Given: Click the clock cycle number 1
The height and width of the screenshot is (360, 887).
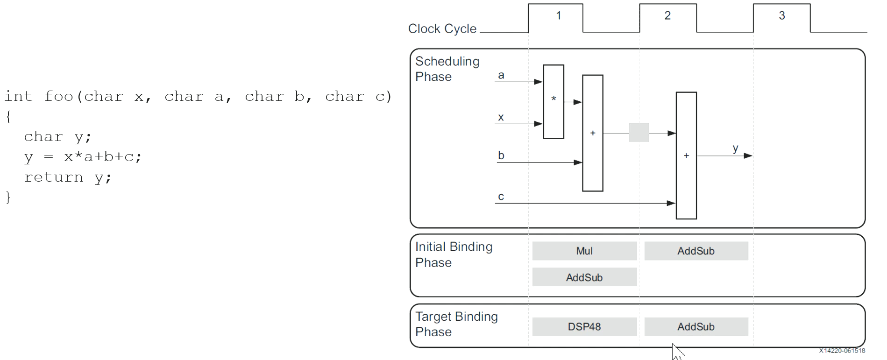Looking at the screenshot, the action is click(558, 15).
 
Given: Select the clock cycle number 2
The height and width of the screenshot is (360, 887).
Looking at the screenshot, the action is click(667, 15).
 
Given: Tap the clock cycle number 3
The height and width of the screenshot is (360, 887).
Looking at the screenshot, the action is click(782, 15).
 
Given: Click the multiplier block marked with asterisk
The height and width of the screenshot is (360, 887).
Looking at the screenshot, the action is click(553, 102).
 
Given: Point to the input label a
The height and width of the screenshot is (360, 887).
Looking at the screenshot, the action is click(501, 75).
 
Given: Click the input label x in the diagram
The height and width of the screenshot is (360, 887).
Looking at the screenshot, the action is click(501, 117).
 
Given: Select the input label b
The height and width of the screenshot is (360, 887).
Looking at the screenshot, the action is click(501, 155).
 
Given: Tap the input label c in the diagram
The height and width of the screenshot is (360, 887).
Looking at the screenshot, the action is click(501, 197).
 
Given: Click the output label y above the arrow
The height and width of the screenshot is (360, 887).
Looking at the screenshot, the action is click(736, 148).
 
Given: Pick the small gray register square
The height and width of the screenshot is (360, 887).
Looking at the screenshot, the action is click(639, 133).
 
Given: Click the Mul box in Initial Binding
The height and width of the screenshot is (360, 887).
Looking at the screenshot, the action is click(584, 251).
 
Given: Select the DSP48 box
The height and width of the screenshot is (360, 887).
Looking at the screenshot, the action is click(584, 327).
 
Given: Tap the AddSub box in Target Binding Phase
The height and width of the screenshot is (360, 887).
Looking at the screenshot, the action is click(696, 327).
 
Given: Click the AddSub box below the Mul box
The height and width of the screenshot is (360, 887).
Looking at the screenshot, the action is click(584, 277).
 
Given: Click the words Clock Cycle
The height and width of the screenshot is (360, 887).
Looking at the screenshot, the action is click(442, 29).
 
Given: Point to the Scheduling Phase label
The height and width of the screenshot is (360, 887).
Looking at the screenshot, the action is click(447, 69).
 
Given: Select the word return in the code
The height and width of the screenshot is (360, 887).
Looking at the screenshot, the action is click(54, 177).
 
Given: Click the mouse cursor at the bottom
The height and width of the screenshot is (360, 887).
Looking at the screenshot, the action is click(677, 352).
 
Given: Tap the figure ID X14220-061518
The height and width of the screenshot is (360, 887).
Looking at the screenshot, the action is click(842, 351).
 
